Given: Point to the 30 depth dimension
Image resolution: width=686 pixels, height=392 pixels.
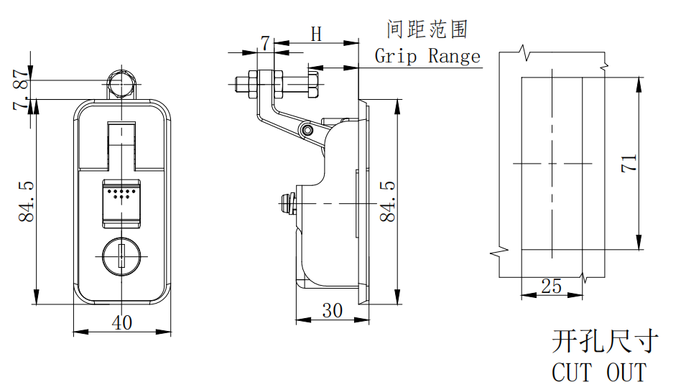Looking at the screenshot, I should pyautogui.click(x=331, y=310).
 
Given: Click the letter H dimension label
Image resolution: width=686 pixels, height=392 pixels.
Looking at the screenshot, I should pyautogui.click(x=316, y=34).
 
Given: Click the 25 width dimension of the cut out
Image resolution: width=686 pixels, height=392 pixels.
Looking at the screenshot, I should pyautogui.click(x=551, y=286).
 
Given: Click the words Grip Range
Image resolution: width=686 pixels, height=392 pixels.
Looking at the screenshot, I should pyautogui.click(x=427, y=56).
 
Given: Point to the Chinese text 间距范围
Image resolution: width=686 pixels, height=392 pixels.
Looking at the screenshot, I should pyautogui.click(x=427, y=29).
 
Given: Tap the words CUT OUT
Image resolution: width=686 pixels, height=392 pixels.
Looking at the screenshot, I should pyautogui.click(x=598, y=373).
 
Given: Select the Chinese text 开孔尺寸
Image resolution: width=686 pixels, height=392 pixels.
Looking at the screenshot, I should pyautogui.click(x=604, y=342).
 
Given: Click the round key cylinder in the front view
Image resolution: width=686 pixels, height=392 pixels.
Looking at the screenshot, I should pyautogui.click(x=121, y=255).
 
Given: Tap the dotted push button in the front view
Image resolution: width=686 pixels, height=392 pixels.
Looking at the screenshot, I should pyautogui.click(x=121, y=199).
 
